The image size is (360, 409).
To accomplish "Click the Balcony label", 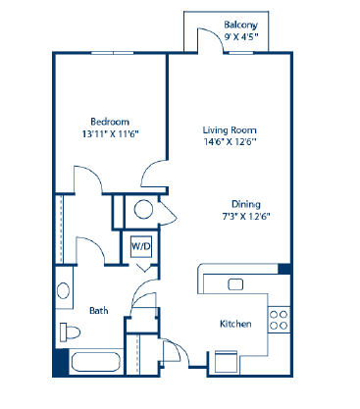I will pos(240,25).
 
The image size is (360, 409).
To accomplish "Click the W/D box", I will pos(141,245).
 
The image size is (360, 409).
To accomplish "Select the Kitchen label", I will pos(235,325).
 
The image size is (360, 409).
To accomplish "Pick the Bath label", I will pos(98,311).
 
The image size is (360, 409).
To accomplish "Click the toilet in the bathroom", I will pos(67,331).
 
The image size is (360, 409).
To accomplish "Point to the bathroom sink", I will pos(63,290).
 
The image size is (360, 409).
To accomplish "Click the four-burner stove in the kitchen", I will pos(279,318).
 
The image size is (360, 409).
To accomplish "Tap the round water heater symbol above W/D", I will pos(143,209).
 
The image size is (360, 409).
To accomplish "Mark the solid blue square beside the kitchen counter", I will pos(283,268).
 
